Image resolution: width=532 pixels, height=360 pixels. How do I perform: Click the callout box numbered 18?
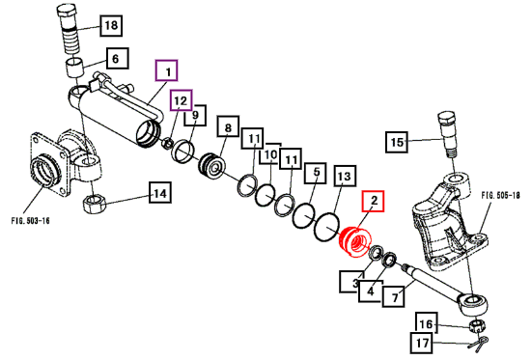click(111, 25)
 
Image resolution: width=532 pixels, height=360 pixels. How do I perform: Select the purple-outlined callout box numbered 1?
click(166, 70)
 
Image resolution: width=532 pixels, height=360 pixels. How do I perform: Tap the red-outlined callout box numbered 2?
click(374, 201)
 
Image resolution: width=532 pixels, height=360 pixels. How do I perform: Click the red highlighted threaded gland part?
click(355, 241)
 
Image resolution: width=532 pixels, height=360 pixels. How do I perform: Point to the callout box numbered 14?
click(160, 193)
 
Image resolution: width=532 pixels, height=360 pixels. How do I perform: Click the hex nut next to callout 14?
click(94, 204)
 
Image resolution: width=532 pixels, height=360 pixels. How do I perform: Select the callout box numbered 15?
click(397, 142)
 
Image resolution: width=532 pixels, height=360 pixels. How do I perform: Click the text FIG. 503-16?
click(30, 221)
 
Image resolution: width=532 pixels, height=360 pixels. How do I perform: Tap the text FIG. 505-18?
click(500, 195)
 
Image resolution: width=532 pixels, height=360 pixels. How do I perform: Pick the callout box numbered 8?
click(228, 126)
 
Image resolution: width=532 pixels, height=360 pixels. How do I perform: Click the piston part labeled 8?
click(212, 166)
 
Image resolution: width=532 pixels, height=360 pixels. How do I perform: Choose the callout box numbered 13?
click(345, 176)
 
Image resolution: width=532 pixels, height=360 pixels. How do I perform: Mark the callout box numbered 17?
click(422, 344)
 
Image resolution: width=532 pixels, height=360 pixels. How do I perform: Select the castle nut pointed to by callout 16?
click(477, 326)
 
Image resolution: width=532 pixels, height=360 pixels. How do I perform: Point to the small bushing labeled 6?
click(74, 68)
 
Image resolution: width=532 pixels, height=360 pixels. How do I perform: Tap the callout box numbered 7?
click(394, 296)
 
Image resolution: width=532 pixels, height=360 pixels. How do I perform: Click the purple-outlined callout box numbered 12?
click(182, 100)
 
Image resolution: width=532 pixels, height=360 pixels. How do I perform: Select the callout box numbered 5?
click(316, 173)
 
